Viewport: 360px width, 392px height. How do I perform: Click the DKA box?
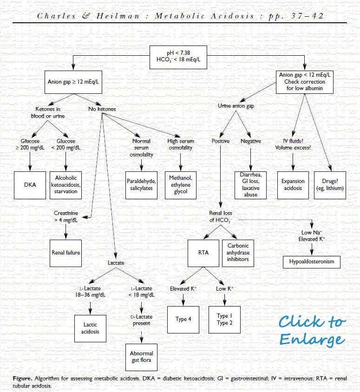tap(30, 185)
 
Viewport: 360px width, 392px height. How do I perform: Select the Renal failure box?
tap(65, 253)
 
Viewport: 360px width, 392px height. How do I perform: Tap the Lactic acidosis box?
tap(91, 328)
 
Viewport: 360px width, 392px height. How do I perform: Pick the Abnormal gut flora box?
tap(141, 357)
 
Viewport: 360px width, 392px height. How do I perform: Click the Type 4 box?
tap(183, 319)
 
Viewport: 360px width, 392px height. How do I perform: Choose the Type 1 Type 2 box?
tap(225, 319)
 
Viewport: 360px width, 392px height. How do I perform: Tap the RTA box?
tap(203, 253)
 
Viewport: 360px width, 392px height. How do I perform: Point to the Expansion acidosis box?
tap(293, 185)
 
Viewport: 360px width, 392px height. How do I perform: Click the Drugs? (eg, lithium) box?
tap(330, 185)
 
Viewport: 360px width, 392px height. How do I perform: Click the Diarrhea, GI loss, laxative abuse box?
tap(250, 185)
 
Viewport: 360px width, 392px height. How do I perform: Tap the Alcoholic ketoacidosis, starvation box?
tap(65, 185)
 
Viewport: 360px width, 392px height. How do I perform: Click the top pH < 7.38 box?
tap(181, 56)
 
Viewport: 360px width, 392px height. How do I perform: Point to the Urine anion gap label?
tap(236, 106)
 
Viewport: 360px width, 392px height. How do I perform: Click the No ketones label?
tap(102, 109)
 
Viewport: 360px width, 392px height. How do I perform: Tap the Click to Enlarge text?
tap(312, 330)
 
